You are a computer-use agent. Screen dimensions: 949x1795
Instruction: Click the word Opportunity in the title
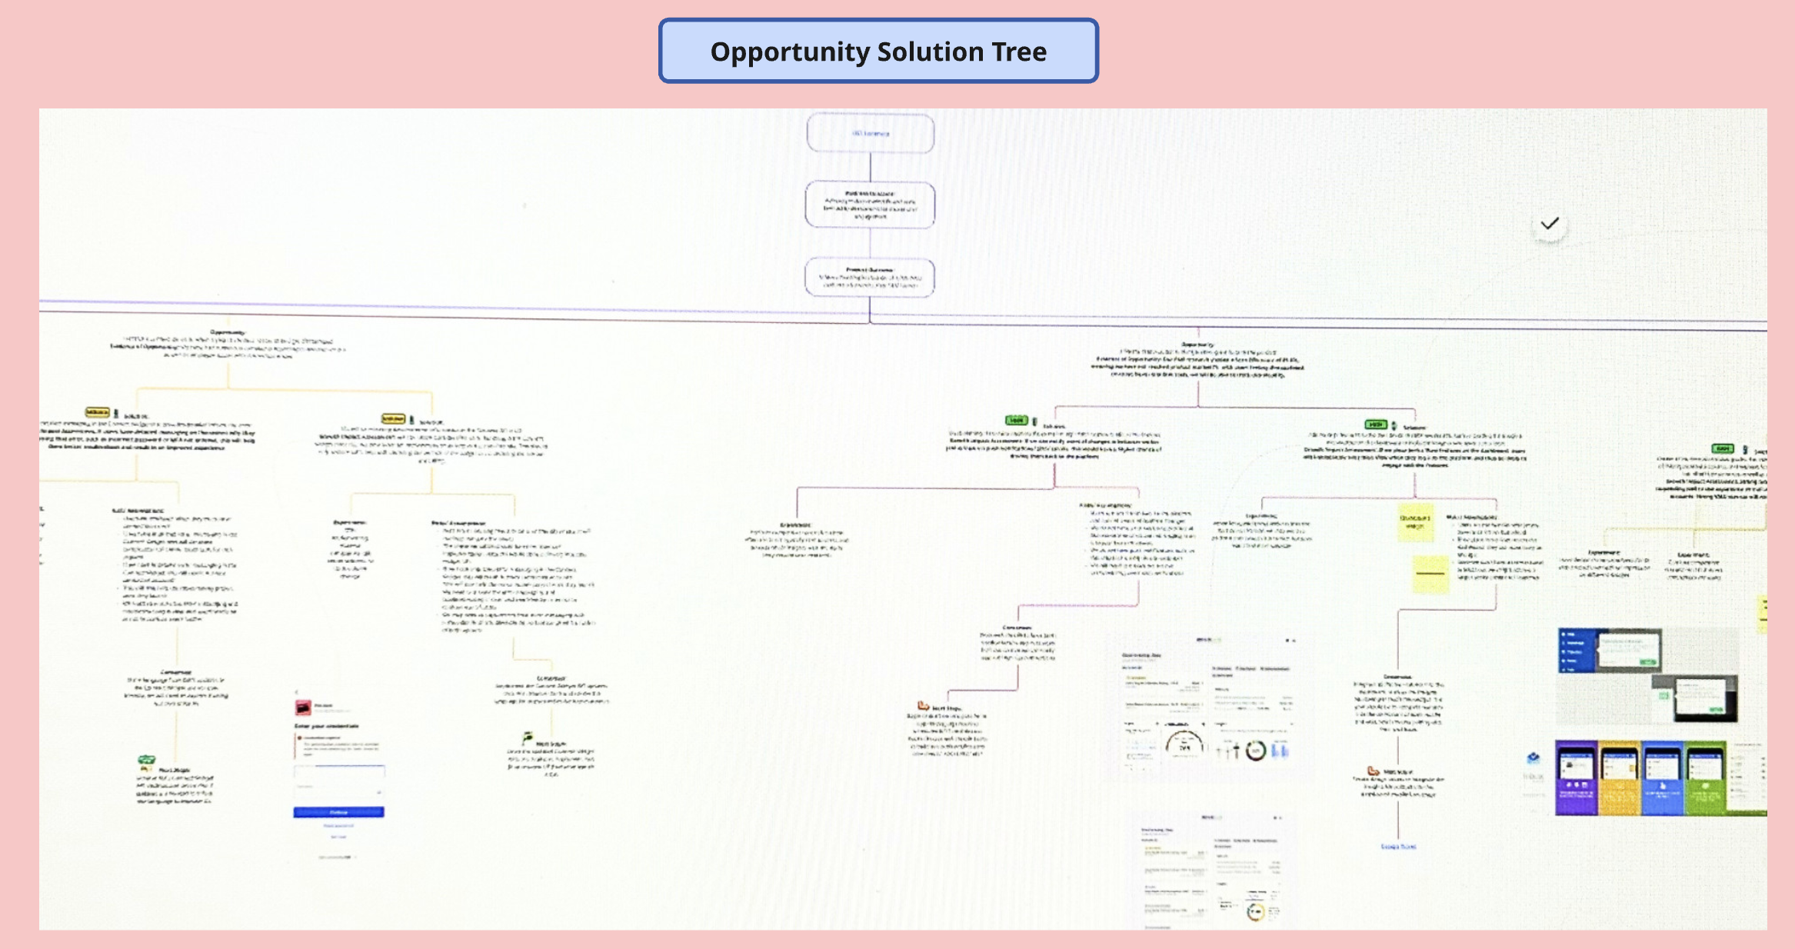pos(790,52)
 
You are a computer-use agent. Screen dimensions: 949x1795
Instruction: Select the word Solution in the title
pos(931,52)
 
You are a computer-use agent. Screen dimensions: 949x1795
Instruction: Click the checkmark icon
pos(1550,224)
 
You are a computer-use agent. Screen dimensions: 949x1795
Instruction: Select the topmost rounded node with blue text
pos(871,133)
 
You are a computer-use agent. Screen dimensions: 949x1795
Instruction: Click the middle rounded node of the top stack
pos(871,205)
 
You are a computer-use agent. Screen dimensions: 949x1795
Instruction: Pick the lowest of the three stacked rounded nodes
pos(871,277)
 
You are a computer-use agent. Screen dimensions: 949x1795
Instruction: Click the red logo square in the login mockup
pos(304,707)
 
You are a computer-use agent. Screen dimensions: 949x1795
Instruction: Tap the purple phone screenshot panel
pos(1576,778)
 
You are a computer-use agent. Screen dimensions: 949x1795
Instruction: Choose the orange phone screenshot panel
pos(1619,778)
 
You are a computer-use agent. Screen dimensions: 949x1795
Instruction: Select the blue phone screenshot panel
pos(1662,778)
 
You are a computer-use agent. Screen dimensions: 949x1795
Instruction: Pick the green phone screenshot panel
pos(1705,778)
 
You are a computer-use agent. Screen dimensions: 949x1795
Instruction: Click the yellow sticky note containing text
pos(1415,522)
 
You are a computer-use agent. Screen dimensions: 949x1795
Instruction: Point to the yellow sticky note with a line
pos(1430,574)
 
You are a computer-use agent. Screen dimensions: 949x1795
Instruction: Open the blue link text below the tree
pos(1398,847)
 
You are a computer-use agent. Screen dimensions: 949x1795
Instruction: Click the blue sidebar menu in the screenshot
pos(1576,650)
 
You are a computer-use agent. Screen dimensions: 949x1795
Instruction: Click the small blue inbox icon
pos(1533,758)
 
